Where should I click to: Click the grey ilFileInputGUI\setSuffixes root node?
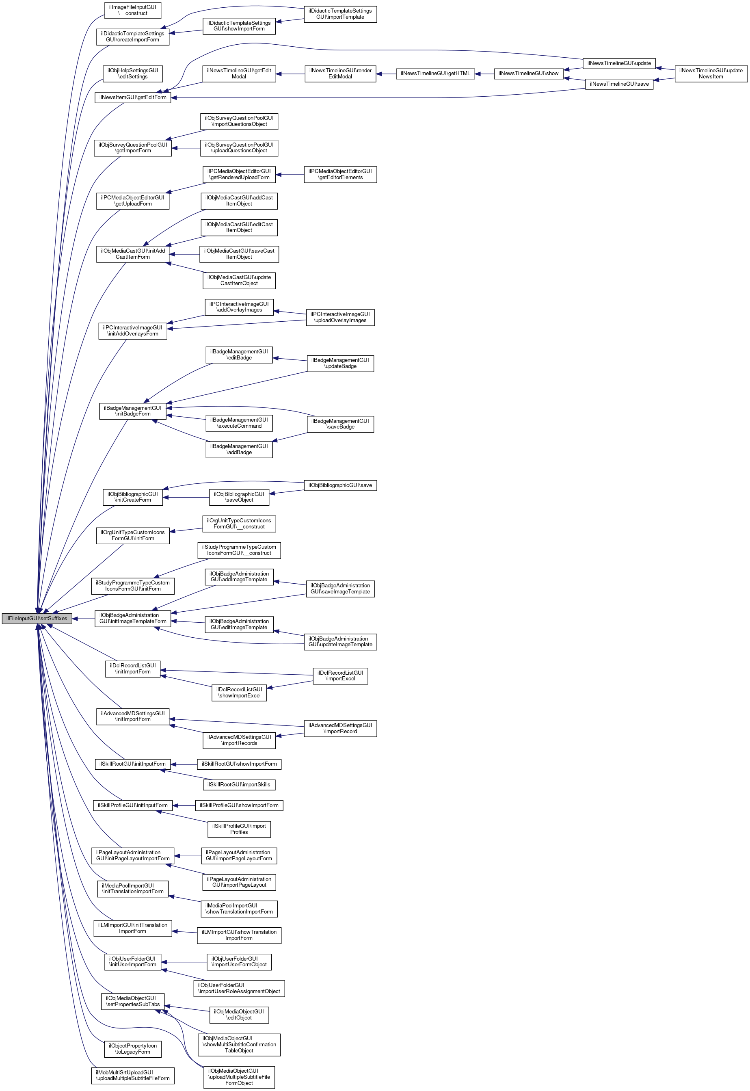[x=37, y=619]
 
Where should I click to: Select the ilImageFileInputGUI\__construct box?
[x=132, y=10]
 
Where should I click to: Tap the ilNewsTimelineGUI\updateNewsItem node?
[x=711, y=74]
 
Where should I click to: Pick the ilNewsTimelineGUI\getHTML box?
[x=435, y=74]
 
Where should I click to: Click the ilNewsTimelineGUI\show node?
[x=528, y=74]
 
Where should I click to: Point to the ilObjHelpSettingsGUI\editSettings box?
[x=132, y=74]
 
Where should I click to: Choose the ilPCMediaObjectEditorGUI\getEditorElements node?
[x=340, y=174]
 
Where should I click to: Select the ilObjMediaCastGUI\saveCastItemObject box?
[x=239, y=254]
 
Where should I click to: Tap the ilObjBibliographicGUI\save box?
[x=340, y=485]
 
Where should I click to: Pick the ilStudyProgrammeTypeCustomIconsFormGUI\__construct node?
[x=239, y=550]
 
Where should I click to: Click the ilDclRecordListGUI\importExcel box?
[x=340, y=676]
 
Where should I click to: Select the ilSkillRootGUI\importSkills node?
[x=239, y=784]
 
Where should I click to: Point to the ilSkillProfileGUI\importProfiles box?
[x=239, y=829]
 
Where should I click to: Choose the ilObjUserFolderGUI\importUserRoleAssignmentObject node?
[x=239, y=989]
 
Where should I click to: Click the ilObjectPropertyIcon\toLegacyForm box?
[x=132, y=1049]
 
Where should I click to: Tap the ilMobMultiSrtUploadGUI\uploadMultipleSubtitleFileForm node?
[x=132, y=1076]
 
